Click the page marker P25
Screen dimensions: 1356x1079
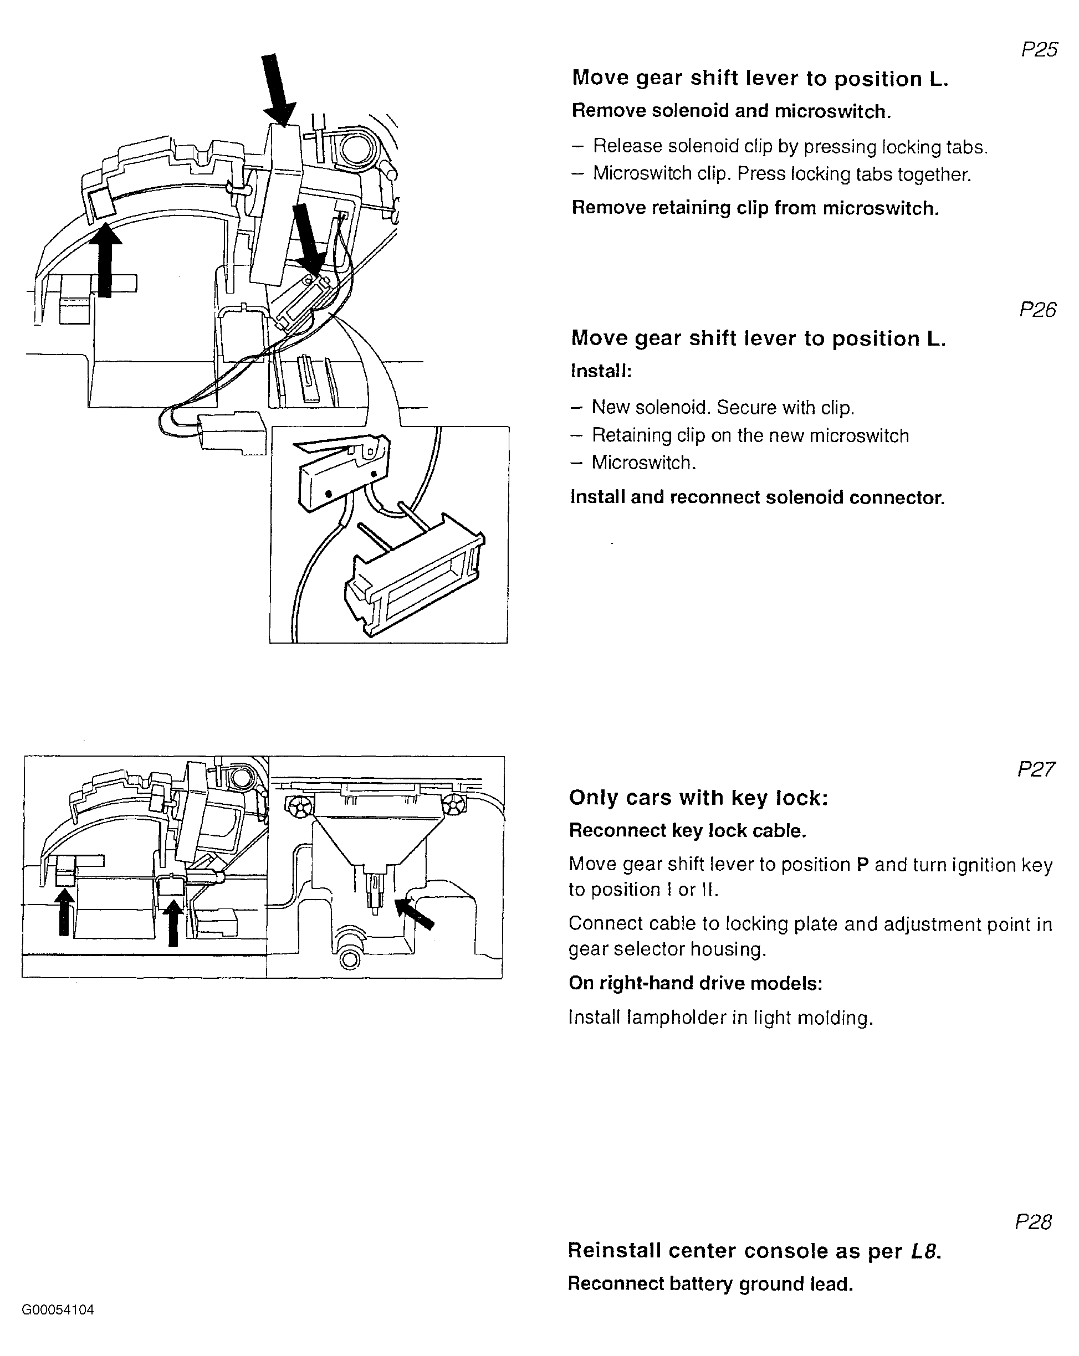[1039, 50]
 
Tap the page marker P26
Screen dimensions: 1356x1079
[1037, 310]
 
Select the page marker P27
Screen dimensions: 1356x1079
[1036, 769]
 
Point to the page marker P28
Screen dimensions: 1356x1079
[1034, 1221]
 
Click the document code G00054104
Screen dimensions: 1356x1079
[58, 1310]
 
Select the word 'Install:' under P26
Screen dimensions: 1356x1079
[601, 371]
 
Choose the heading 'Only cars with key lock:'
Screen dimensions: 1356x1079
[698, 798]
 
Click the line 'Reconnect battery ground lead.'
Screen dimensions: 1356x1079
[710, 1283]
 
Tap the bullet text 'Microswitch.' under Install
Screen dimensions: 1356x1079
[643, 463]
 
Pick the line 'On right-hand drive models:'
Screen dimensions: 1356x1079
[695, 983]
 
